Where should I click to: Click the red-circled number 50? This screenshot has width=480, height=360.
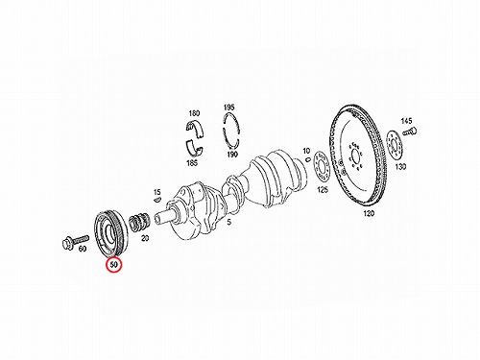[114, 265]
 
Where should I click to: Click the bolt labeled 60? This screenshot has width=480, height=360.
[75, 242]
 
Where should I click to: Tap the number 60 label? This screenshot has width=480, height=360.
[83, 249]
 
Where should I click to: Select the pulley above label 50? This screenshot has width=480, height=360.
[111, 232]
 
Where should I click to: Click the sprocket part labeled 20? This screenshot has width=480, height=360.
[138, 221]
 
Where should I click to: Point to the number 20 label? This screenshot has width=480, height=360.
[145, 238]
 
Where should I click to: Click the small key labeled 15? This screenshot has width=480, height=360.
[156, 200]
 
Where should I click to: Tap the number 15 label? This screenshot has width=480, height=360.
[156, 192]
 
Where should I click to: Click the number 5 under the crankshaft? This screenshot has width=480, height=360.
[228, 222]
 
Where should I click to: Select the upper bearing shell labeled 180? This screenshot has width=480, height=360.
[195, 130]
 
